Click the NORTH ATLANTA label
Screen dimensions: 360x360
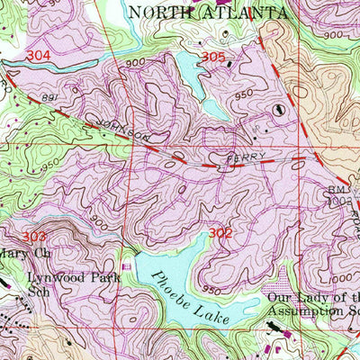(208, 12)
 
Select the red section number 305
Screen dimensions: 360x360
(213, 58)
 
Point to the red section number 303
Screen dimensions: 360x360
(34, 237)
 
